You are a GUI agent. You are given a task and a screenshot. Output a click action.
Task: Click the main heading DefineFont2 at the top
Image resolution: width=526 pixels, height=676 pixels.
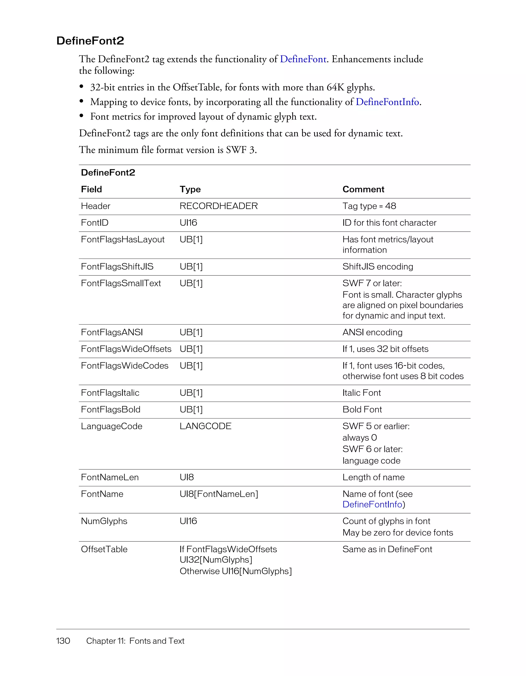90,41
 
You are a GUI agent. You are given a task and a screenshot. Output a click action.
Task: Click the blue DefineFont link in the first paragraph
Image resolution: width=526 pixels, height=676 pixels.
303,59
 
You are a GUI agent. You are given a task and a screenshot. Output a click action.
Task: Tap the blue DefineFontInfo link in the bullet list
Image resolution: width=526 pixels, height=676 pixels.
387,102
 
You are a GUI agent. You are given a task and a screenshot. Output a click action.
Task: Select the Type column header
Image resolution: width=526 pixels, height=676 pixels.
190,189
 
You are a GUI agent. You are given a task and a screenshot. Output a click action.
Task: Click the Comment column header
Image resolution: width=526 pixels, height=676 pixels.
363,189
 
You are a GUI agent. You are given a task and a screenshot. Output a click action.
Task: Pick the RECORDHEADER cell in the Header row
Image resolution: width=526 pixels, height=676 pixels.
219,206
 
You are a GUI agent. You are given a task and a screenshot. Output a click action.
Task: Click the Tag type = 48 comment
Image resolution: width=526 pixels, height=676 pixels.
369,206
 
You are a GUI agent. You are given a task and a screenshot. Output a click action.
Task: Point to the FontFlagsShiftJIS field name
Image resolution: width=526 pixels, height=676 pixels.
117,266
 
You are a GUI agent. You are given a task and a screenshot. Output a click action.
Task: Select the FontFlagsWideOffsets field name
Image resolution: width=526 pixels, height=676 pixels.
126,349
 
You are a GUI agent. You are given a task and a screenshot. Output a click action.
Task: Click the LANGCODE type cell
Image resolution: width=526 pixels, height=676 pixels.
205,426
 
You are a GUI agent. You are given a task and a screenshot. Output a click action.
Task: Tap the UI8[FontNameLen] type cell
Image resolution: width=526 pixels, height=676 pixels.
219,494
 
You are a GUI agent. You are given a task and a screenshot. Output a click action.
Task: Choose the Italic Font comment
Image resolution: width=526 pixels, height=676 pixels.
361,393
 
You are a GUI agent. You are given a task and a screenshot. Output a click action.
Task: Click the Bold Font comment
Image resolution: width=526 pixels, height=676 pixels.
362,410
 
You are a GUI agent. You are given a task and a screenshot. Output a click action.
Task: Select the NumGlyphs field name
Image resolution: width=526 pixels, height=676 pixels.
104,521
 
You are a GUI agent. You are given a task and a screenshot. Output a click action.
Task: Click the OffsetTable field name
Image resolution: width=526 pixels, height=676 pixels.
104,549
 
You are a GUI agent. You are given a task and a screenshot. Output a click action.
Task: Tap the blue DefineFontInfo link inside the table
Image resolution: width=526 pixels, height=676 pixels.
372,504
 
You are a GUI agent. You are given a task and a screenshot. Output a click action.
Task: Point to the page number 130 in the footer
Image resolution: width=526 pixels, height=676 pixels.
63,641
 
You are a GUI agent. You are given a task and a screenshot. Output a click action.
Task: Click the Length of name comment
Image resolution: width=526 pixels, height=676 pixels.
373,477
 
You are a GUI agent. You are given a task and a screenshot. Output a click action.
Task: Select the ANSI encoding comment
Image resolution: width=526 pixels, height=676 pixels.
372,332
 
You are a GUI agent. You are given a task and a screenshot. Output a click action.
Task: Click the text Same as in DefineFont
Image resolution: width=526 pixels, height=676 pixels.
387,549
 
